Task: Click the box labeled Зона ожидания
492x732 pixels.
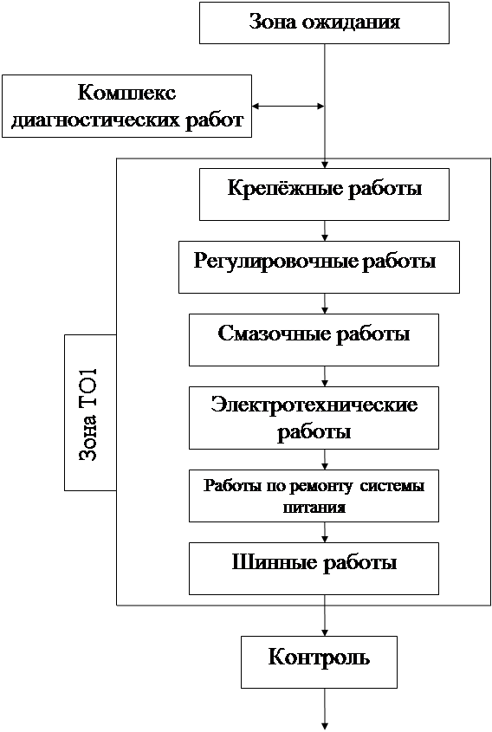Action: point(325,23)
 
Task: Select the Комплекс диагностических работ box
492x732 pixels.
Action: point(126,106)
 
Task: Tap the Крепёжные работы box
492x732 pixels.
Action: point(325,194)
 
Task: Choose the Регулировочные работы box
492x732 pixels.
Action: point(320,267)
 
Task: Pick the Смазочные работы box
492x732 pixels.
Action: point(314,340)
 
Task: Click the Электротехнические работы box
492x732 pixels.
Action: point(314,418)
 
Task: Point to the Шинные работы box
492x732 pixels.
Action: point(314,568)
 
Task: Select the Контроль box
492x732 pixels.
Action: point(320,662)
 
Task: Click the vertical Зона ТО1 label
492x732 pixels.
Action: point(87,415)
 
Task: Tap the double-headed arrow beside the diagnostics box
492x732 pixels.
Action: point(288,106)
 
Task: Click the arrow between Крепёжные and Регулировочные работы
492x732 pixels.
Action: point(325,231)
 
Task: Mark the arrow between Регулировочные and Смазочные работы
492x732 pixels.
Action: point(325,304)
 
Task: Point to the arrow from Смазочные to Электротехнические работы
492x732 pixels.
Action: point(325,376)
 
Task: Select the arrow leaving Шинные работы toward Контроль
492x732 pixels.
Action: point(325,615)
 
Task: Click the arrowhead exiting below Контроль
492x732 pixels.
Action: point(325,726)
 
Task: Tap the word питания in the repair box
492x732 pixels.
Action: point(314,508)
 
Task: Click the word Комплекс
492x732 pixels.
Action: point(127,92)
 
